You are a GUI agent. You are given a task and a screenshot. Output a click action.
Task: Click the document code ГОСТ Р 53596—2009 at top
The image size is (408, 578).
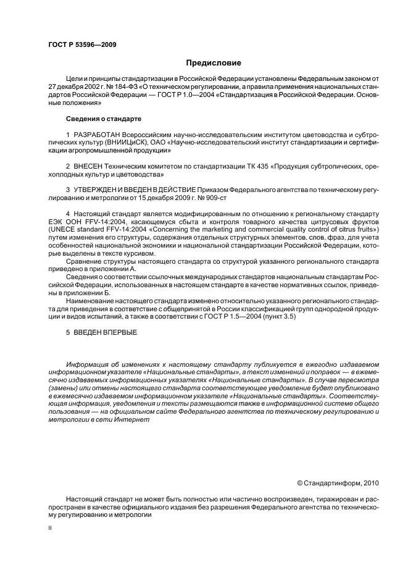pos(81,45)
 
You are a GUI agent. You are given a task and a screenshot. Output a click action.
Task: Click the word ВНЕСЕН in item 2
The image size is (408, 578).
pos(91,167)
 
